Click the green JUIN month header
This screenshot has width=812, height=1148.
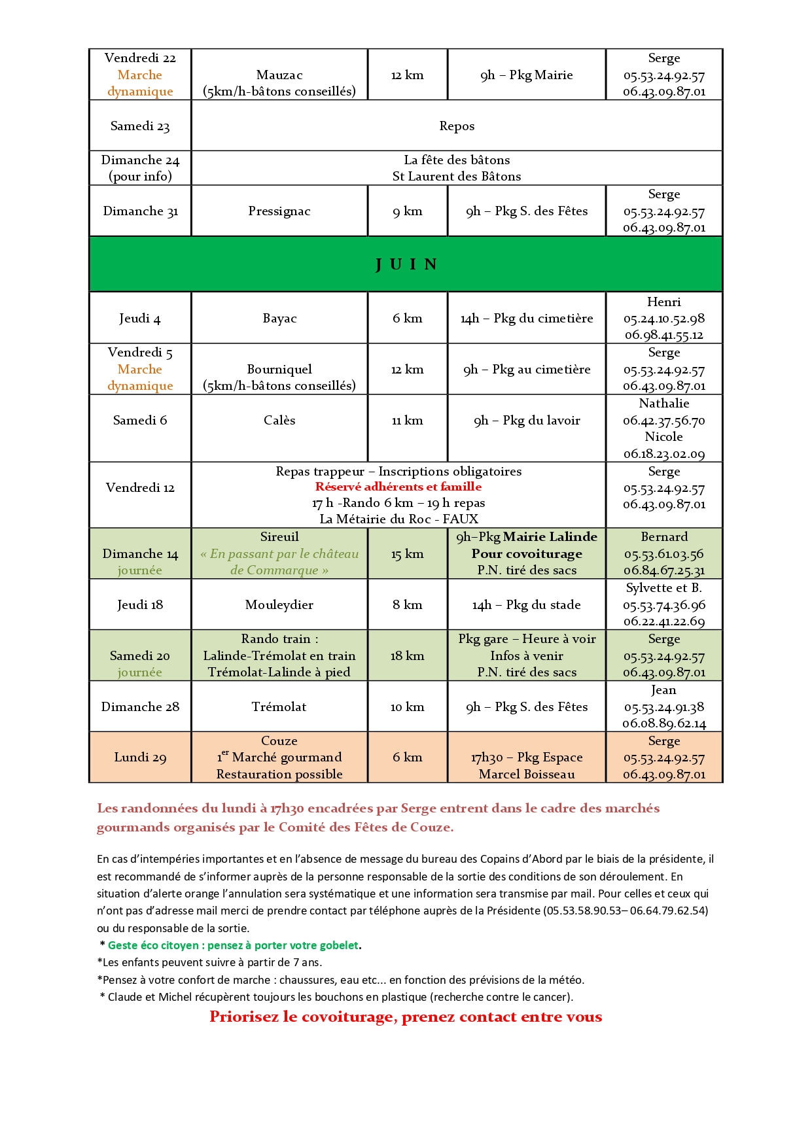[x=406, y=264]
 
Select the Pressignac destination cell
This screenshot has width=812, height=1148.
[x=279, y=211]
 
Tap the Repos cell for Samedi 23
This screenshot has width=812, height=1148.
[x=457, y=126]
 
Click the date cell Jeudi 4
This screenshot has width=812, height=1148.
[x=140, y=319]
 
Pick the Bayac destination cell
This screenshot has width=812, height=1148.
[x=279, y=319]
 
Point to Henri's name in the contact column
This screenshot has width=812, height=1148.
[x=663, y=302]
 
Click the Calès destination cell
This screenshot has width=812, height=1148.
[x=279, y=421]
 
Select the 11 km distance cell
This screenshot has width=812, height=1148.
[x=407, y=421]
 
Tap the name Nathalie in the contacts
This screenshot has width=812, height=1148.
[x=663, y=404]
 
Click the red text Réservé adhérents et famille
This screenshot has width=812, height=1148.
[x=398, y=487]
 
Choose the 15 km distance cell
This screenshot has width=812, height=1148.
[x=407, y=554]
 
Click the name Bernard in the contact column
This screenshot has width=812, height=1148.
[x=663, y=537]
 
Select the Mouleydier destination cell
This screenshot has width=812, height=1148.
[x=279, y=605]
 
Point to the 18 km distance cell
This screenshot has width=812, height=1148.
[x=407, y=656]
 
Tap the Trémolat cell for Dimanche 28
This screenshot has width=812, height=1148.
[x=279, y=707]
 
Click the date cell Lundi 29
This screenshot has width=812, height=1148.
[x=140, y=757]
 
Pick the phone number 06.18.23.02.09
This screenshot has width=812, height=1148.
[x=663, y=454]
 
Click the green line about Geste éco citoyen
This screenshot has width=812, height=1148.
[x=234, y=945]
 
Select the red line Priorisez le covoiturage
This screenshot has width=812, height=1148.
[x=406, y=1017]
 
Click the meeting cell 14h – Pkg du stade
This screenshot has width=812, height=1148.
[x=527, y=605]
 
